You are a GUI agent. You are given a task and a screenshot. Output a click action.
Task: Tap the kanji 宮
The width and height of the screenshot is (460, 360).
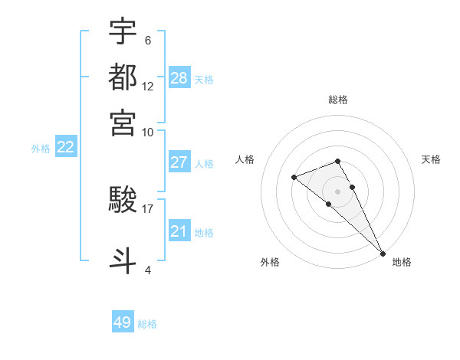coord(123,123)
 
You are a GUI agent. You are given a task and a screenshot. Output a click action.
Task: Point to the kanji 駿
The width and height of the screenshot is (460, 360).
coord(123,201)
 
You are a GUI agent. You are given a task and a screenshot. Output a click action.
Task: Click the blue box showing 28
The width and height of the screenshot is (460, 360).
coord(179,78)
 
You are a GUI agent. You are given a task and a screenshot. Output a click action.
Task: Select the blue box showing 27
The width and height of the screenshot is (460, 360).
coord(179,162)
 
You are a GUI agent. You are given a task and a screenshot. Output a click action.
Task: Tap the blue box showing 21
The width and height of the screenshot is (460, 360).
coord(179,231)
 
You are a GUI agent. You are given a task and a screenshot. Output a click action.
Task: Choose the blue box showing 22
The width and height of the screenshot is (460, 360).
coord(65,148)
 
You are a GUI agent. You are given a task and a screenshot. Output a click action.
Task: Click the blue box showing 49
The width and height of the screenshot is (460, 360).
coord(123,322)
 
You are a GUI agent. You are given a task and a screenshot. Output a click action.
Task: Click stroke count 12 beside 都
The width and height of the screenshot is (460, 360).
coord(148,86)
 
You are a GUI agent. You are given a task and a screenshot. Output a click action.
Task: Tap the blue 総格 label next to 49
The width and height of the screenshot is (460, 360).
coord(147,324)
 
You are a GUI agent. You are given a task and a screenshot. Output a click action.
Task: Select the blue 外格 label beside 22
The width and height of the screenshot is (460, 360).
coord(41,149)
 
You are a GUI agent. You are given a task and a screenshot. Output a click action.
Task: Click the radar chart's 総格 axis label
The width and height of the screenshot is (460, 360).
coord(337,100)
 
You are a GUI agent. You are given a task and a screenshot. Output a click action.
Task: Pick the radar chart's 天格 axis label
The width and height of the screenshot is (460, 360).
coord(431,159)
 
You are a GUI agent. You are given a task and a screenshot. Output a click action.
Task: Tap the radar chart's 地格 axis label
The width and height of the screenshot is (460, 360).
coord(402,262)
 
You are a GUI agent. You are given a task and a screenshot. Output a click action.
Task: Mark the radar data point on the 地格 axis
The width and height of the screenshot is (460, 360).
coord(383,253)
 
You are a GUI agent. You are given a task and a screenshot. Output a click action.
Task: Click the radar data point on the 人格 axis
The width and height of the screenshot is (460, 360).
coord(294,178)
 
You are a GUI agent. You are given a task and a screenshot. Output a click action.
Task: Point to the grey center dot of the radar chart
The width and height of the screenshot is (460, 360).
coord(337,191)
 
